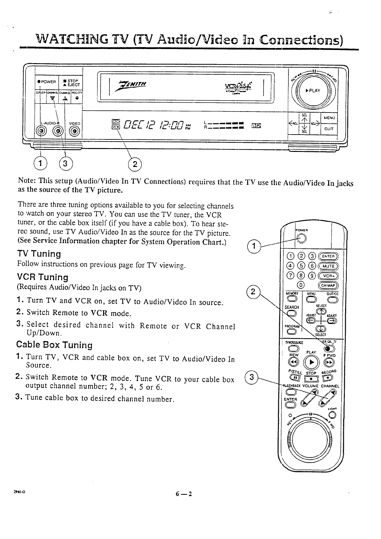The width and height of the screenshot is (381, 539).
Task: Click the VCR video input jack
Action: tap(75, 131)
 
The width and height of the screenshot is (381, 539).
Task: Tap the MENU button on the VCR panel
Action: tap(329, 118)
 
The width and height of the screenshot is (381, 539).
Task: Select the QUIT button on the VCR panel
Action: tap(329, 130)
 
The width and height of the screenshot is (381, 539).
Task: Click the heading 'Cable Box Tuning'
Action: tap(54, 345)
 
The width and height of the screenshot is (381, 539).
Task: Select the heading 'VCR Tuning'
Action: tap(43, 277)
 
